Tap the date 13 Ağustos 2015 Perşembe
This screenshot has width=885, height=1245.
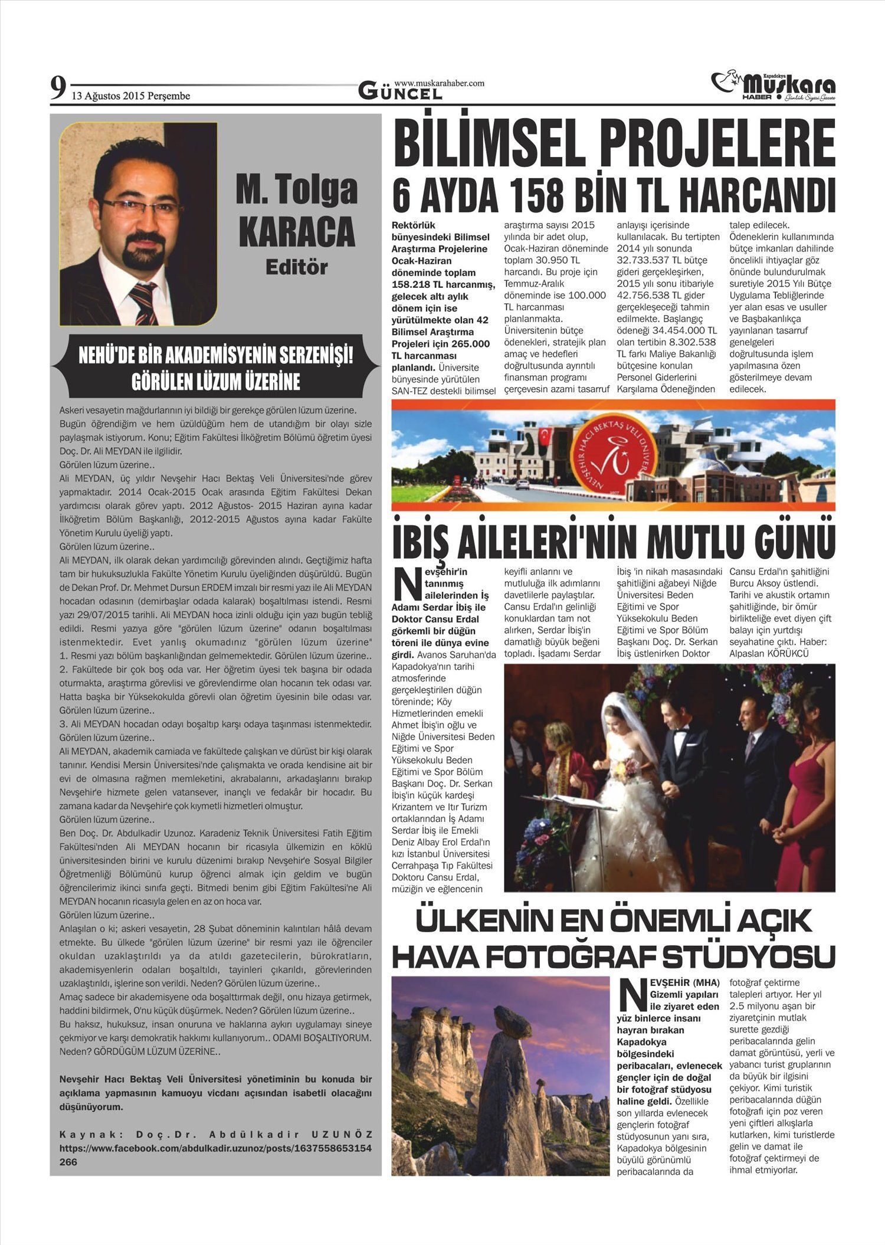(131, 96)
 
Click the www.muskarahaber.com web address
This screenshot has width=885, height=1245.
(439, 83)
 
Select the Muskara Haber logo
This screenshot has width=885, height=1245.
(773, 86)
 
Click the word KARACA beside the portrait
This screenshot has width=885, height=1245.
(297, 232)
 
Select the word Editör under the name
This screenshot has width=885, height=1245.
(296, 267)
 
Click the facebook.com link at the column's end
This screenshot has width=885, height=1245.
(215, 1148)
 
